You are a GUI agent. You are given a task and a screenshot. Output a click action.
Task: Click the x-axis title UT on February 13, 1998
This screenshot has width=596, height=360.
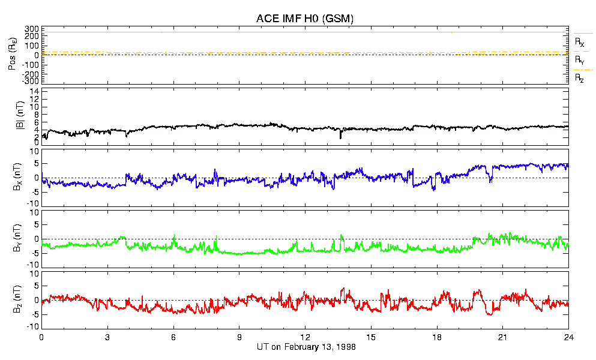[x=305, y=347]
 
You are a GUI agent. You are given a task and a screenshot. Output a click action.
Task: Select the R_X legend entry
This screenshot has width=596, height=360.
[x=580, y=43]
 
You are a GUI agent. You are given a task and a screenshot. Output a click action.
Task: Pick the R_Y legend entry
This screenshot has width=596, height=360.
[x=580, y=61]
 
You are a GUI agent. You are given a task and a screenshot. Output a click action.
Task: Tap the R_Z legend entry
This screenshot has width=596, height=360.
[x=580, y=78]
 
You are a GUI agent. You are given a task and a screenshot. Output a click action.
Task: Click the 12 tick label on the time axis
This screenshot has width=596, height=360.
[x=305, y=337]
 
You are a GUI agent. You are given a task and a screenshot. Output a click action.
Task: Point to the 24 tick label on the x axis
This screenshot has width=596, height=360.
[x=568, y=337]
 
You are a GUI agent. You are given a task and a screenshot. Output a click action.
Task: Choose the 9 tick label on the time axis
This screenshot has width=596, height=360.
[x=239, y=337]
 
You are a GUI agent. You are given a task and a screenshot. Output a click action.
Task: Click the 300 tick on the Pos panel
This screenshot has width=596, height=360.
[x=31, y=29]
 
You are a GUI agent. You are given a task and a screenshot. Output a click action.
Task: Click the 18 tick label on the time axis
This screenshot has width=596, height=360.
[x=437, y=337]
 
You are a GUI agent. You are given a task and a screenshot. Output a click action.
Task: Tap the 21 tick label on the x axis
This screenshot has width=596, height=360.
[x=503, y=337]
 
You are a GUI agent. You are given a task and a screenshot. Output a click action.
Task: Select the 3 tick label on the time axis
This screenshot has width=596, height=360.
[x=107, y=337]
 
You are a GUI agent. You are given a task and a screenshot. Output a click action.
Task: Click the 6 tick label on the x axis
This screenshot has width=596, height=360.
[x=173, y=337]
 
